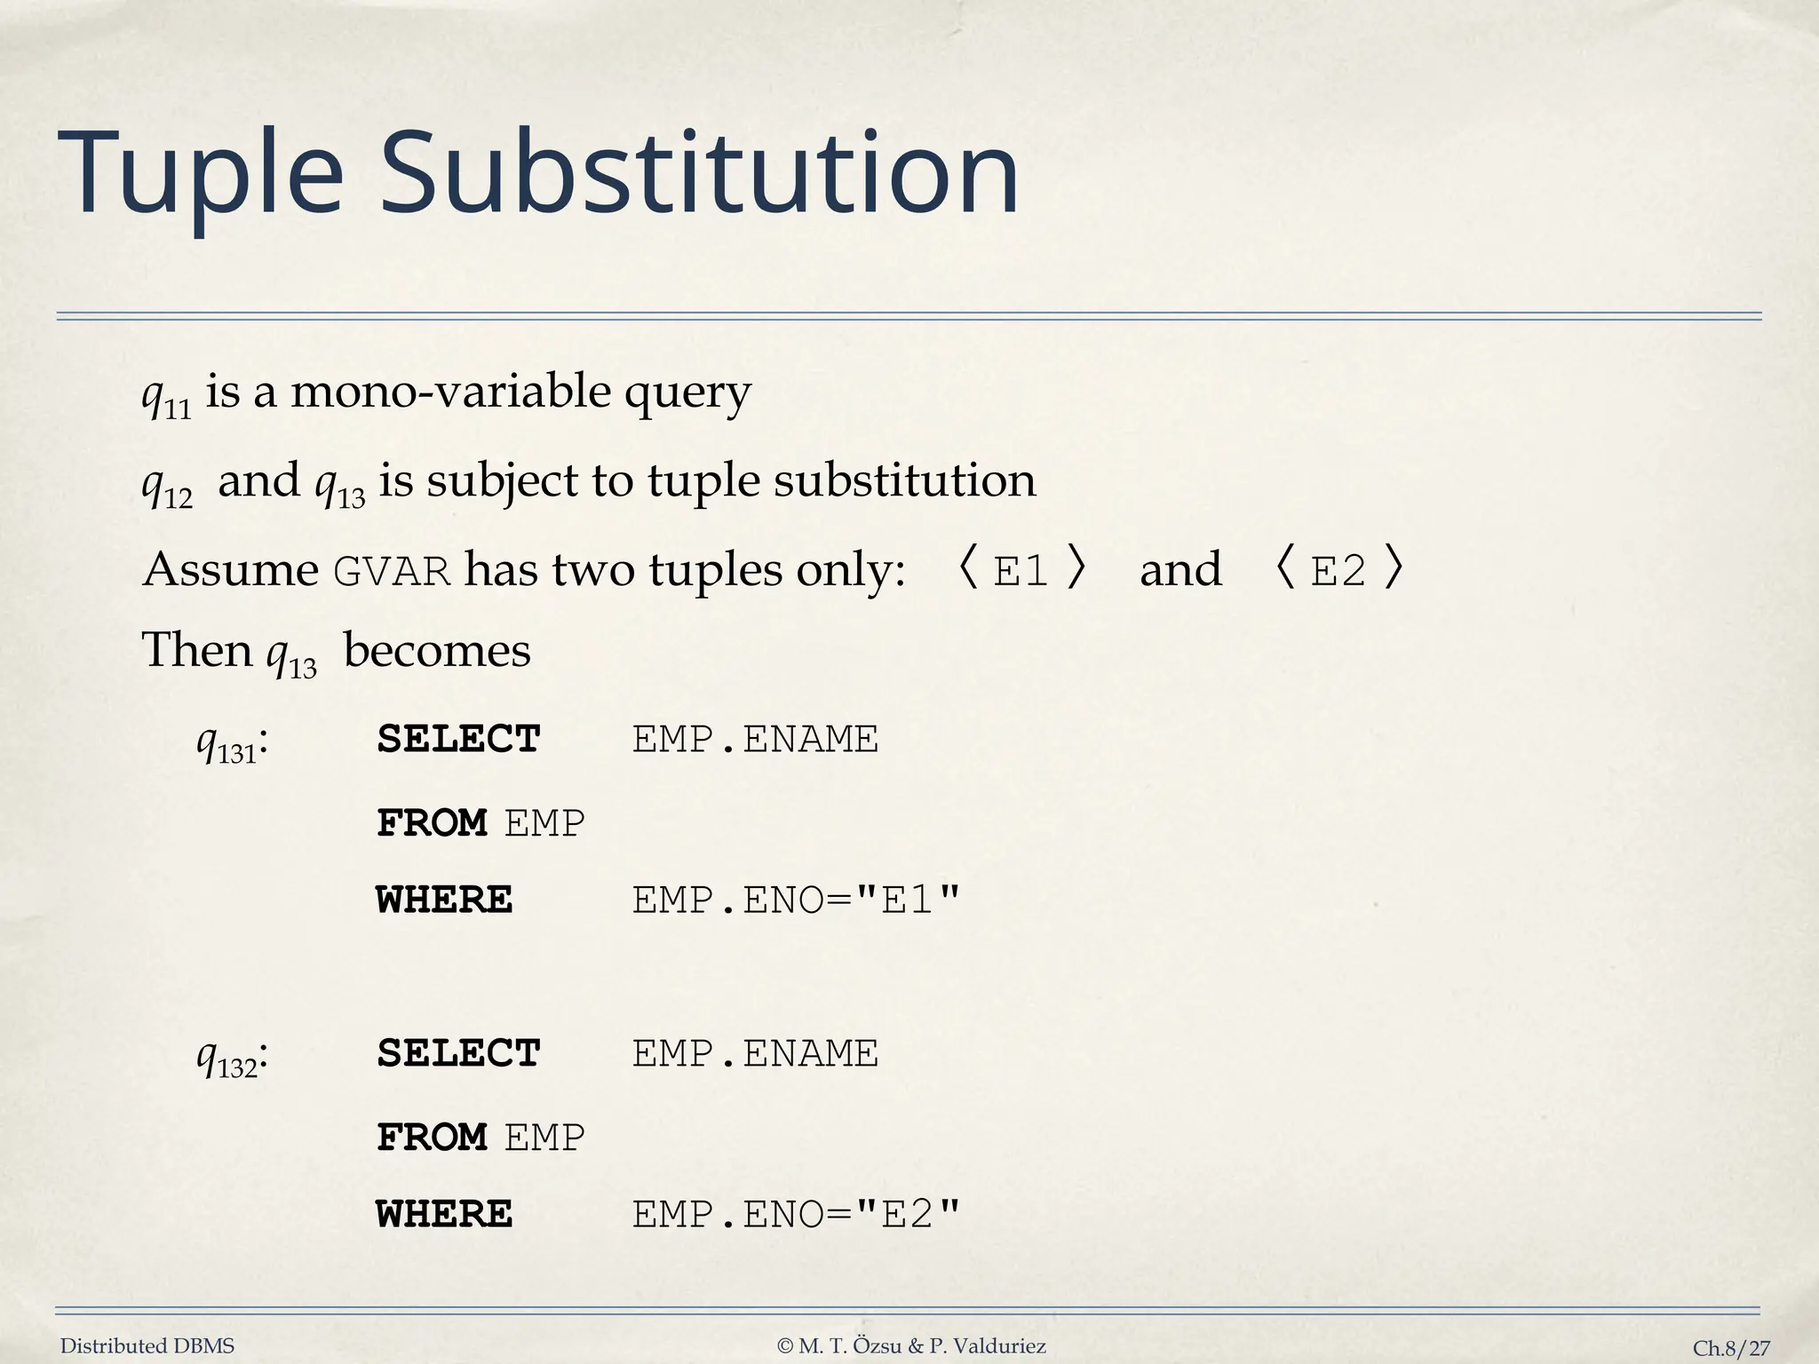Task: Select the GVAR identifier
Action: pos(392,571)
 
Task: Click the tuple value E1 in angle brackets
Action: pos(1021,571)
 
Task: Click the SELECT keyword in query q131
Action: pos(458,740)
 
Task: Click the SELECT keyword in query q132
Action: pos(458,1054)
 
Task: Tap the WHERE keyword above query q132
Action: pos(444,900)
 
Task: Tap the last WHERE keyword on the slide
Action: pos(444,1215)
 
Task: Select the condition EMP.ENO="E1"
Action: pos(796,900)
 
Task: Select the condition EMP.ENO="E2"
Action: pos(796,1215)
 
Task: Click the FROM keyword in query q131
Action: pos(432,823)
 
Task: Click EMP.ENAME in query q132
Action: pos(755,1054)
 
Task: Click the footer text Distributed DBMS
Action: pos(147,1346)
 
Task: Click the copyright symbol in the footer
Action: pos(784,1346)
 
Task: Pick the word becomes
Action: pos(437,651)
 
